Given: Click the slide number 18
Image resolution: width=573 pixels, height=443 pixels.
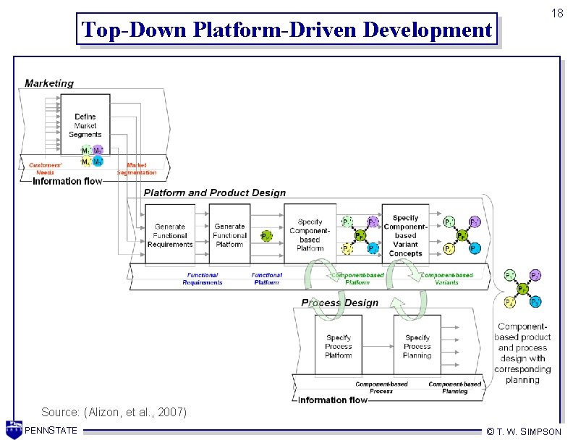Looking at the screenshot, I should tap(556, 14).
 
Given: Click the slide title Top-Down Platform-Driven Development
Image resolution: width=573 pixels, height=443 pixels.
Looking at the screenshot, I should tap(286, 30).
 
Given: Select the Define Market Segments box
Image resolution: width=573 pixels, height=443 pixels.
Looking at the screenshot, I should tap(85, 125).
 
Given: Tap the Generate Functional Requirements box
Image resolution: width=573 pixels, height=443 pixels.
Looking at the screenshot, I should tap(170, 235).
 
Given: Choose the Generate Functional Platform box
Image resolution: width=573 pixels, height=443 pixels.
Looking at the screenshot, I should tap(229, 235).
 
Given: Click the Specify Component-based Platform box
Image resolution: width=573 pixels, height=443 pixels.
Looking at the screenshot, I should tap(310, 235).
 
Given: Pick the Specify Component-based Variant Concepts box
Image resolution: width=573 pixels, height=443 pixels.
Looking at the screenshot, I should tap(405, 235).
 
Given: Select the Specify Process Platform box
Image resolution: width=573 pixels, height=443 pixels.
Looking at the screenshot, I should tap(338, 346).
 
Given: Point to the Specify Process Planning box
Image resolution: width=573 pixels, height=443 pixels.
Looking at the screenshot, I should tap(417, 346).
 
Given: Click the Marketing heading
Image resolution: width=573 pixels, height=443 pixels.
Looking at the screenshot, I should tap(49, 83).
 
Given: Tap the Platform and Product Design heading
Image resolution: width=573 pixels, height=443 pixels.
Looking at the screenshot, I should tap(214, 193).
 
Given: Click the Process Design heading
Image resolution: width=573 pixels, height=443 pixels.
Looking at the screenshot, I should tap(339, 303).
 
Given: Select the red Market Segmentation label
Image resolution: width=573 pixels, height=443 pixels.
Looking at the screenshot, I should tap(136, 169).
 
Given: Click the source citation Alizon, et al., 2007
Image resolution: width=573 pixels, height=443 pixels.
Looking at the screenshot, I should tap(114, 412).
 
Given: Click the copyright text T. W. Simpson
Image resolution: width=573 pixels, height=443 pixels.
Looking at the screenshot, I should tap(524, 431).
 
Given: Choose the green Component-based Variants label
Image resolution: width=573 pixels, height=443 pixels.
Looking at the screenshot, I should tap(446, 279).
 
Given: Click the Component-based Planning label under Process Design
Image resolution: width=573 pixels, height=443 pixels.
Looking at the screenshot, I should tap(454, 387).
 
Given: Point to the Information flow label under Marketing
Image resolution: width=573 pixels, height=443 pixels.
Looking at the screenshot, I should tap(67, 181).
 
